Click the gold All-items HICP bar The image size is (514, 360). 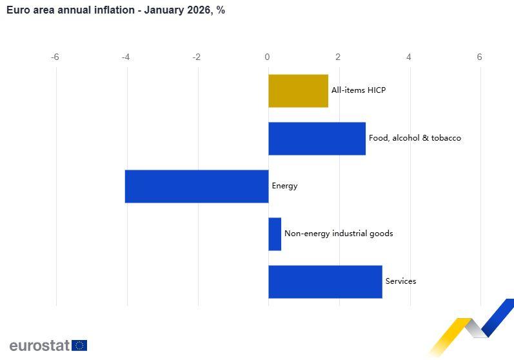(298, 91)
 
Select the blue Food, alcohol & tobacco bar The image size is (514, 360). (317, 139)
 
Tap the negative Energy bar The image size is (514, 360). (197, 186)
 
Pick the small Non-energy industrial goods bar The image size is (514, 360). (275, 234)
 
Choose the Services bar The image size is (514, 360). (325, 282)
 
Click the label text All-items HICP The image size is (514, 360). (358, 90)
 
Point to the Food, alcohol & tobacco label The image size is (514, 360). (415, 138)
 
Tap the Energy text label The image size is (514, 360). (284, 186)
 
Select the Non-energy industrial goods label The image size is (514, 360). (339, 234)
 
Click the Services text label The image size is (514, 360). (400, 281)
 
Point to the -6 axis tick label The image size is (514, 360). (55, 57)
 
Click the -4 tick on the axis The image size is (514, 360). (126, 57)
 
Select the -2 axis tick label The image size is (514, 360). (197, 57)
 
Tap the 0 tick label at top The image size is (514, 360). (268, 57)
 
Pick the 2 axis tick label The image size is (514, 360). (338, 57)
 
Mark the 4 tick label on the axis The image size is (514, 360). (409, 57)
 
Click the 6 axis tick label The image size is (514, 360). (479, 57)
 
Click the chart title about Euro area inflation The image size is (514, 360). (115, 10)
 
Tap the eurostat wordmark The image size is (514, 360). (39, 345)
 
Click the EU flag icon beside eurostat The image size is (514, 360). (79, 345)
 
